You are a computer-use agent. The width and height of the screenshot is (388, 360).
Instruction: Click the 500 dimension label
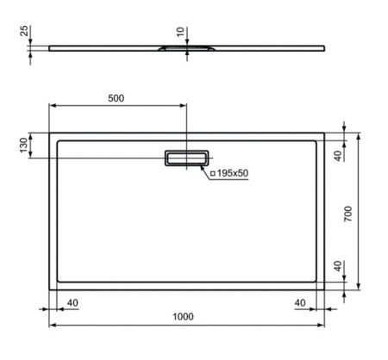coord(116,97)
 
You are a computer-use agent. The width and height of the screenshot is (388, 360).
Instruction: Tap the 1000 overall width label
coord(183,316)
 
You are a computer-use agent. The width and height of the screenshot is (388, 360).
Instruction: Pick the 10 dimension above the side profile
coord(179,32)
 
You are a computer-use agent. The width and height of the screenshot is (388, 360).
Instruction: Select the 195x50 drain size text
coord(232,173)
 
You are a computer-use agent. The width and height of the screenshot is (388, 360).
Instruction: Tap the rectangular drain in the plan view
coord(186,158)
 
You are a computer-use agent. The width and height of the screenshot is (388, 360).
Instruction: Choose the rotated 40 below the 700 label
coord(338,266)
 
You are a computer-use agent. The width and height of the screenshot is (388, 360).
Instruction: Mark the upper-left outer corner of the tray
coord(48,133)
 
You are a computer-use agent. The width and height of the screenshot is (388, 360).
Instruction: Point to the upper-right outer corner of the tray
coord(324,133)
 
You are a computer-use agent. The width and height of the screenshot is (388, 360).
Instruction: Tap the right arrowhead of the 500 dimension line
coord(184,106)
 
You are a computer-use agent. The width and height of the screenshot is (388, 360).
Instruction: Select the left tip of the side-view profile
coord(49,47)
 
